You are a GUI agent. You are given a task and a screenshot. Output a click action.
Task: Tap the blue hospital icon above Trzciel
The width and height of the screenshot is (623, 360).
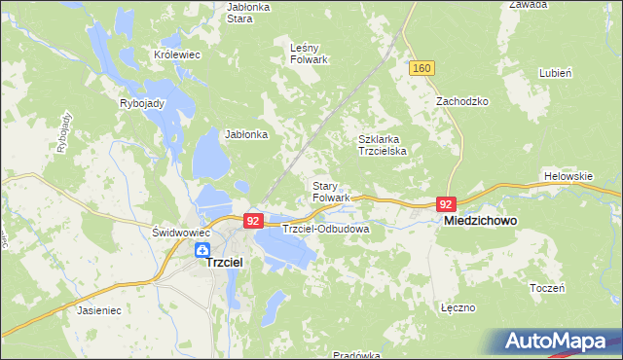click(202, 250)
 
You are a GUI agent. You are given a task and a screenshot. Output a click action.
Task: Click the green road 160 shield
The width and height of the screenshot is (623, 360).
click(421, 67)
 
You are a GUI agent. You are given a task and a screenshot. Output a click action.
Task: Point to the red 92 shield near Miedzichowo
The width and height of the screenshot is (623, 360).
click(446, 204)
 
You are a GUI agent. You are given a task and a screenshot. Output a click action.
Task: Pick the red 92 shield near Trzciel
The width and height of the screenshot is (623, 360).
click(253, 221)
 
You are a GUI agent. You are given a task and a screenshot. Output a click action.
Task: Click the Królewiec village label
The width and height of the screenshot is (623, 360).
click(176, 55)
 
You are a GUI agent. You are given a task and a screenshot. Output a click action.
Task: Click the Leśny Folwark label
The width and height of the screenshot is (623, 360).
click(310, 53)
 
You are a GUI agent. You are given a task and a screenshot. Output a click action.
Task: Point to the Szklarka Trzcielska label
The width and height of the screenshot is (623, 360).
click(386, 145)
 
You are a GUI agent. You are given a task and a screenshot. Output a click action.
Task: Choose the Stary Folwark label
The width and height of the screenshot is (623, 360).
click(331, 191)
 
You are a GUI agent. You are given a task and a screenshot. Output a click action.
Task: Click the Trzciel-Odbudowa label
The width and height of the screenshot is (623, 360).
click(325, 229)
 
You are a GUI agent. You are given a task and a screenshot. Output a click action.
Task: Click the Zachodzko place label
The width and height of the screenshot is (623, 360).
click(461, 101)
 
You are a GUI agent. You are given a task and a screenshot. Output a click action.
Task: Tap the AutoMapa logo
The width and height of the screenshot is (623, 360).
click(561, 341)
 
